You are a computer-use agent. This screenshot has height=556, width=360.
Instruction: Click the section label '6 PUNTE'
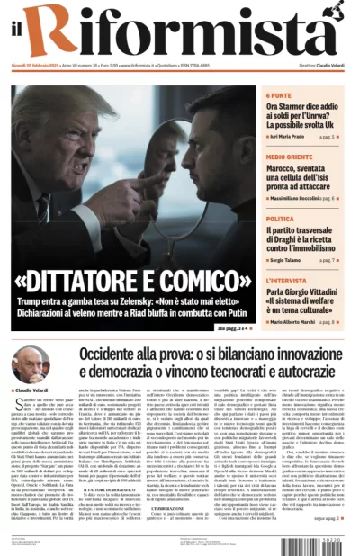pyautogui.click(x=279, y=95)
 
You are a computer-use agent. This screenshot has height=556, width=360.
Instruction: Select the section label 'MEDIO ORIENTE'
pyautogui.click(x=288, y=157)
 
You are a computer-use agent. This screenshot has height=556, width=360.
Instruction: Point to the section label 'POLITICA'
pyautogui.click(x=280, y=219)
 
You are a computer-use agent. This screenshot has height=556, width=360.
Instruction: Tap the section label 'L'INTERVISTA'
pyautogui.click(x=286, y=281)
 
